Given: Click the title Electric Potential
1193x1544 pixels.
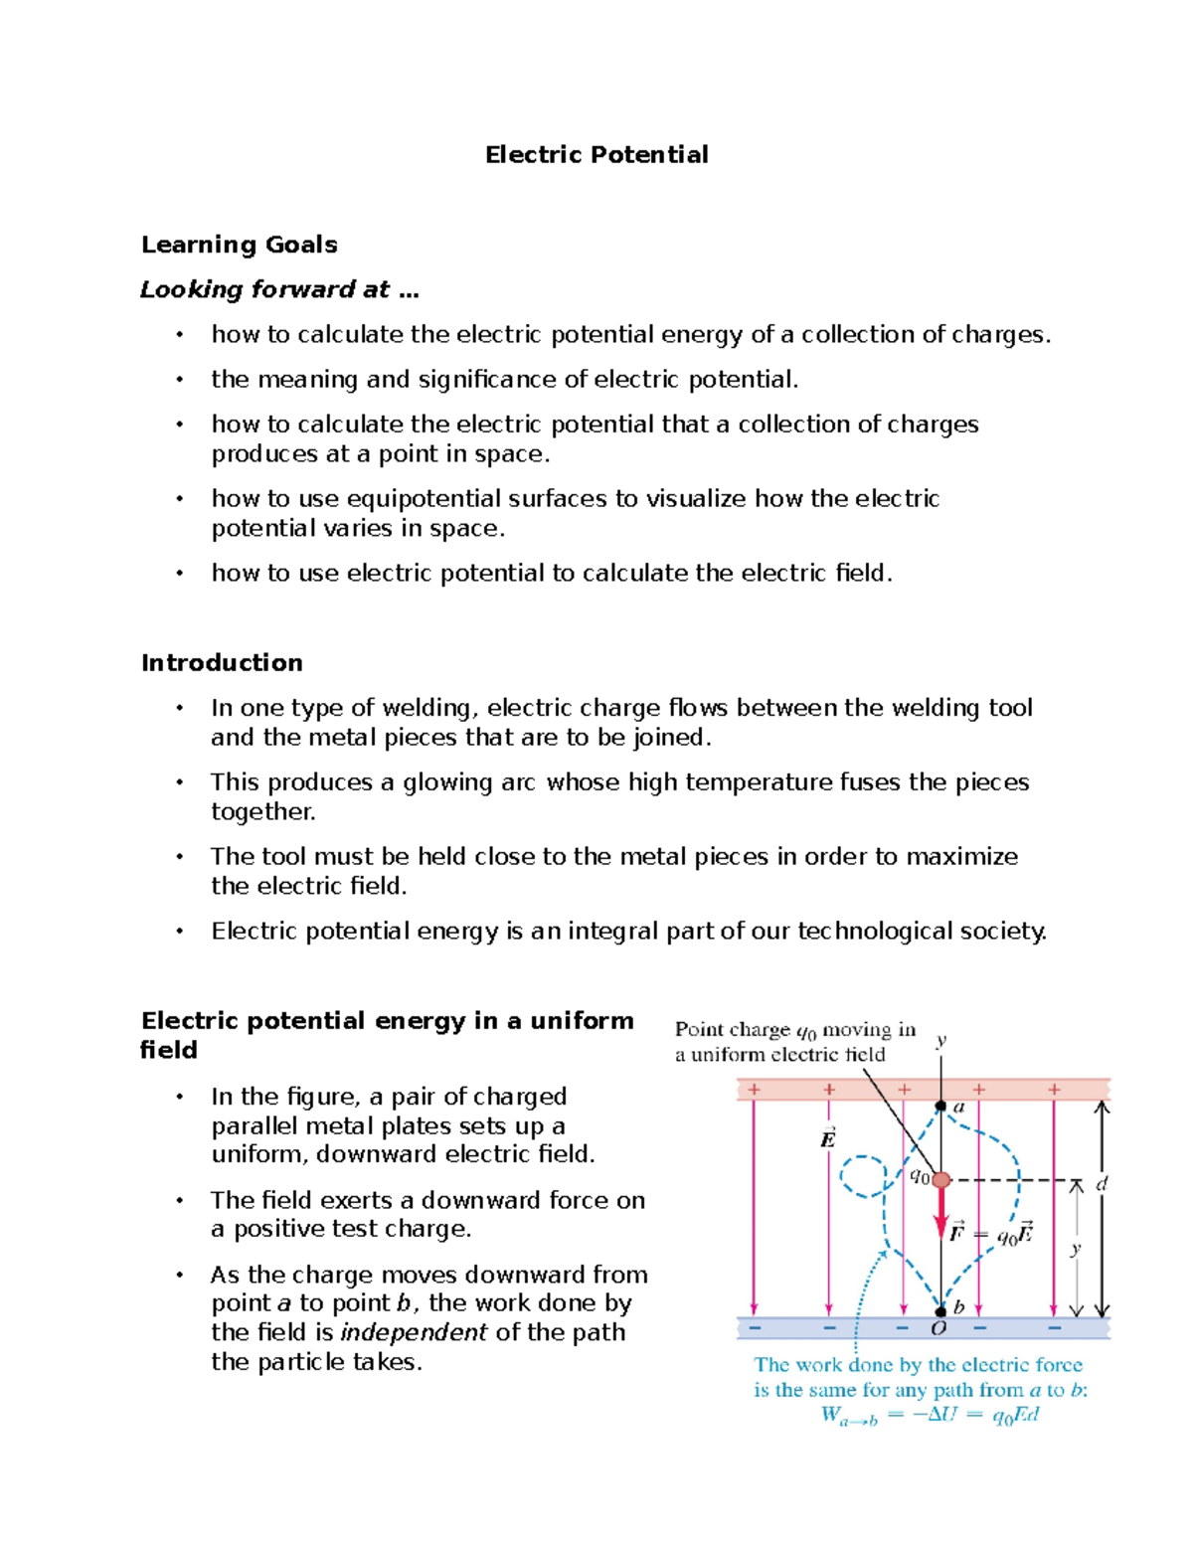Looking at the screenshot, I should pos(596,155).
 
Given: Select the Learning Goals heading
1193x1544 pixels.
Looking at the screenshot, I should pos(239,245).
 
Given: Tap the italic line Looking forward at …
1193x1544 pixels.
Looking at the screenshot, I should pos(279,289).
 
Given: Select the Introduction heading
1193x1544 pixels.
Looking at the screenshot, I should pos(222,663).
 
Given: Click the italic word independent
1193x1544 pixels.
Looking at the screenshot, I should pos(414,1332).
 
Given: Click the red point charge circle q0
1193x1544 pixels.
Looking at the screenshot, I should pos(941,1179).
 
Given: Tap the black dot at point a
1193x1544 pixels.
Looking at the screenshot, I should pos(940,1106).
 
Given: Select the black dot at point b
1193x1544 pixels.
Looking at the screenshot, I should pos(940,1311).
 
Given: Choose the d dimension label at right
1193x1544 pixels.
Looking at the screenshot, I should pos(1102,1183).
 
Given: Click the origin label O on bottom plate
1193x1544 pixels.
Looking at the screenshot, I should pos(937,1329).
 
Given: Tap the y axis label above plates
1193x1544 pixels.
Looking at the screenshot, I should pos(940,1040).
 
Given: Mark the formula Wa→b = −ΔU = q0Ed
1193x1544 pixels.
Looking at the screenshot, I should pos(930,1416).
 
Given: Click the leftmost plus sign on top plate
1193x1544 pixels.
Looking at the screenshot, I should pos(755,1090).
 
